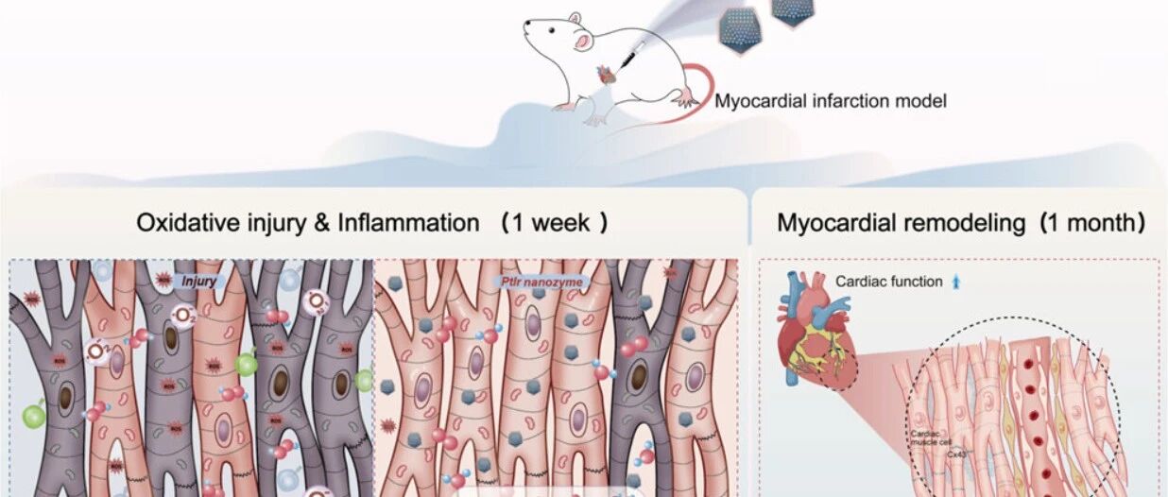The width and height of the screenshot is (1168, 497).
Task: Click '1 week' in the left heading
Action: [x=554, y=224]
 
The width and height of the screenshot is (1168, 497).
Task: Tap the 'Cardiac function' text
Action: [x=888, y=282]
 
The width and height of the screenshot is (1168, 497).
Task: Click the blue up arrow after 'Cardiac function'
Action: [x=955, y=282]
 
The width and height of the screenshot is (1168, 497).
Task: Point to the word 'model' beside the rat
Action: [x=921, y=100]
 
